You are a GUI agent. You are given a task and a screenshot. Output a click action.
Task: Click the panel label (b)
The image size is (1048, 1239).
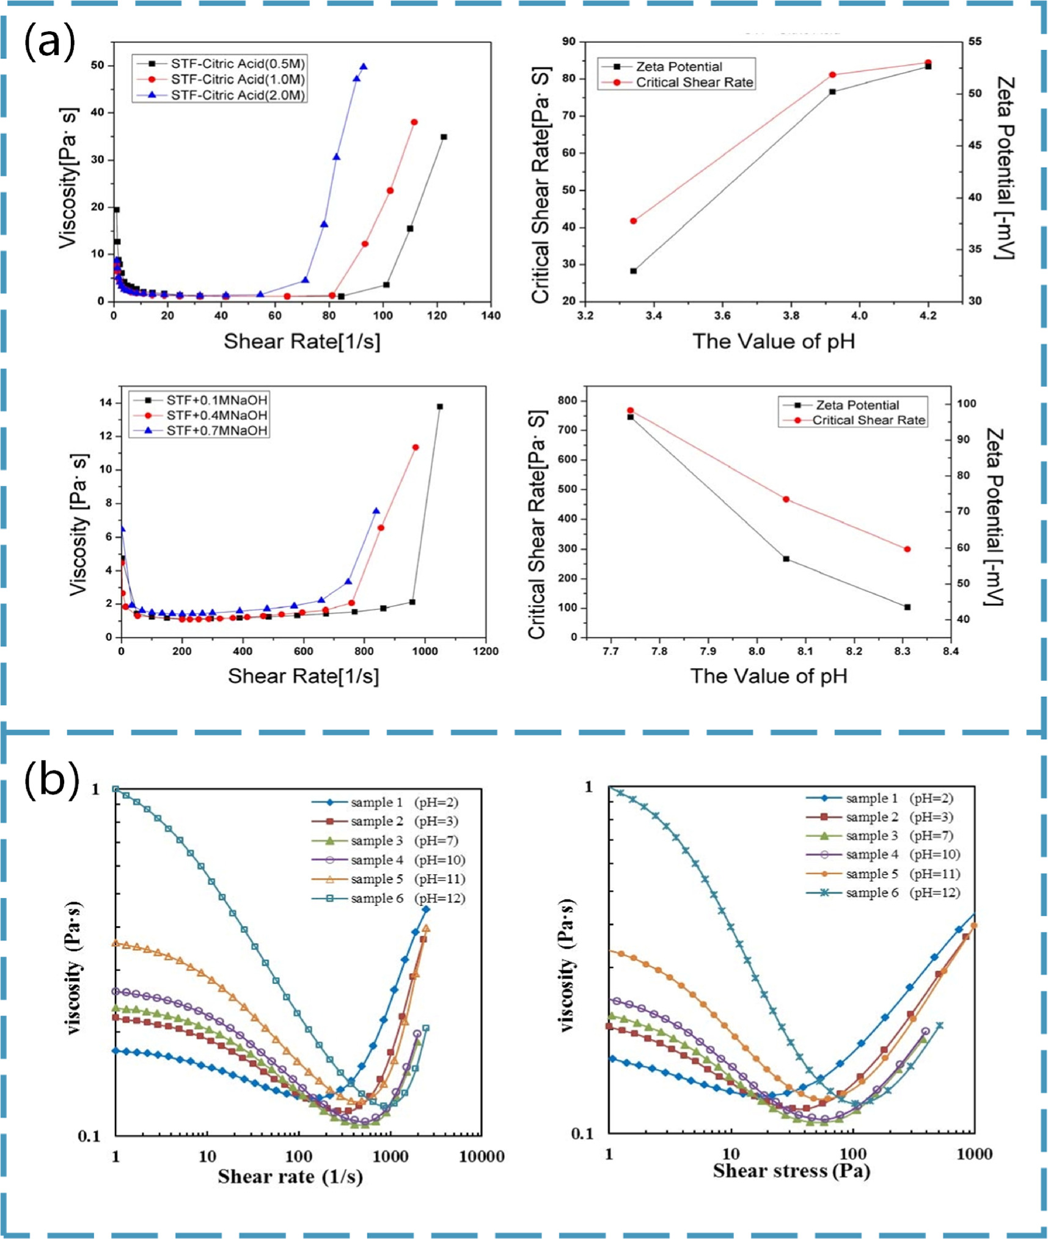51,781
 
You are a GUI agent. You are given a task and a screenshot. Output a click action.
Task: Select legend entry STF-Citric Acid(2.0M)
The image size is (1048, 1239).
237,95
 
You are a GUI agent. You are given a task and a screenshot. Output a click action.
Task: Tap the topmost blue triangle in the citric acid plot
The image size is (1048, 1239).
364,67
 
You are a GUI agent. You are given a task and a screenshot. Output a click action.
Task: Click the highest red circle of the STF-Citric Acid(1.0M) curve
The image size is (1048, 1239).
414,122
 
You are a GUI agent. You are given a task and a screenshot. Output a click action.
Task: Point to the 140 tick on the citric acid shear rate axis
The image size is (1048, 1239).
491,315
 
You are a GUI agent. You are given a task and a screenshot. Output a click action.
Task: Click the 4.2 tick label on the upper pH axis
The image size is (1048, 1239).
928,315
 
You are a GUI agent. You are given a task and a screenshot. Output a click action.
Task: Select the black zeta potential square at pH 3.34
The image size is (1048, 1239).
634,271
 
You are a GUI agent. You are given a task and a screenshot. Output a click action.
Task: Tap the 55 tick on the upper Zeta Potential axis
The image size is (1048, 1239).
975,42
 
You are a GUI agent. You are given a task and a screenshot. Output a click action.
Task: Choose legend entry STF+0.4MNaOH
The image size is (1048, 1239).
216,415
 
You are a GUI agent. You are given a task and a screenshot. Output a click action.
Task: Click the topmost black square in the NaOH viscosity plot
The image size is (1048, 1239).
440,406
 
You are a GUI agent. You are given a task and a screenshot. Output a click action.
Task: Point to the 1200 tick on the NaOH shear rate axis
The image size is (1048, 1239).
485,651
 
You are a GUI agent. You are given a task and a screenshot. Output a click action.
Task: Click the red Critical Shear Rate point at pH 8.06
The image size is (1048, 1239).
786,499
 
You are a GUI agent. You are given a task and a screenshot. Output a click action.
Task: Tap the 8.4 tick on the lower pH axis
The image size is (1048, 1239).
951,651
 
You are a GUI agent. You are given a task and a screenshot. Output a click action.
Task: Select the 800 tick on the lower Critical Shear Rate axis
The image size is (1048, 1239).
568,400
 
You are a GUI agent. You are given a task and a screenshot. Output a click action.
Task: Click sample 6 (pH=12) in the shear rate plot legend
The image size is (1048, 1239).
407,898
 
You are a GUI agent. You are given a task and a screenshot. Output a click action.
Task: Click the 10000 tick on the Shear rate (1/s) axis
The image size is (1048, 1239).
482,1156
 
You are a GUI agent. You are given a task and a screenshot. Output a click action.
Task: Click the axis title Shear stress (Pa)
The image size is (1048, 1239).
791,1171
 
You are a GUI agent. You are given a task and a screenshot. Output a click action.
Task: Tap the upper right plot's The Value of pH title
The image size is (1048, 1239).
773,341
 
